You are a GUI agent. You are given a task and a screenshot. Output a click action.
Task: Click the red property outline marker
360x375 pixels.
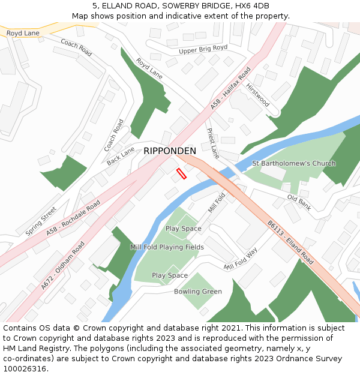point(181,173)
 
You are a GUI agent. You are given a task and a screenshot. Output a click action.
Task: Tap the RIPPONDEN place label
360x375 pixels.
point(169,151)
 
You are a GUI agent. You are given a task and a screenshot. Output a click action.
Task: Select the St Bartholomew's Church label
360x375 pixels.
point(293,163)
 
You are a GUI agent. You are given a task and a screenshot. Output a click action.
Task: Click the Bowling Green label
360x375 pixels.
point(197,292)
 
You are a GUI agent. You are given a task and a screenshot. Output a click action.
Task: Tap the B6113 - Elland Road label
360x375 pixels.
point(290,242)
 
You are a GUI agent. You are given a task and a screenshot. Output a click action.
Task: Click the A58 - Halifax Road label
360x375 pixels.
point(230,88)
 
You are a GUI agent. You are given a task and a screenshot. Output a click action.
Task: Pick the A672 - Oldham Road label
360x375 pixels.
point(63,266)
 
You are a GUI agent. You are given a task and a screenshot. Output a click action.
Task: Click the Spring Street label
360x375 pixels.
point(41,221)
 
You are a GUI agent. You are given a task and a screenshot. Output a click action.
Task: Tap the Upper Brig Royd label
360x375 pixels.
point(203,49)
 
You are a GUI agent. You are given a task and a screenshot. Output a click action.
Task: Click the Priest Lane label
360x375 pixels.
point(213,143)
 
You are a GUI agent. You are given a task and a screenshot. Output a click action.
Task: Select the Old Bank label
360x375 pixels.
point(299,202)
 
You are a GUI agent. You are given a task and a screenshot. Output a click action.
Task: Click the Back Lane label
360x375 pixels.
point(121,156)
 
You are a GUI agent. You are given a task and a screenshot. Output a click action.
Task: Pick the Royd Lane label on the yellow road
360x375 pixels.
point(23,33)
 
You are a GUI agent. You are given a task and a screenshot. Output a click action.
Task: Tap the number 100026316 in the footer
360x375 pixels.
point(25,368)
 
